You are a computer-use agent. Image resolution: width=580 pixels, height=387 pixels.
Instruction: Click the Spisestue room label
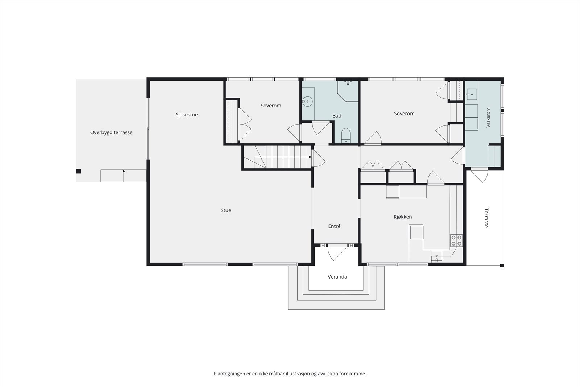186,115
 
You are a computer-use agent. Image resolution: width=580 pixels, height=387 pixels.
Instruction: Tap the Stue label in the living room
226,210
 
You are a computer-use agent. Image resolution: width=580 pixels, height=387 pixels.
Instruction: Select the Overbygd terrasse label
111,132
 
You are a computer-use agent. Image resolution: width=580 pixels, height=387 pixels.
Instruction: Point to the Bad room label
337,116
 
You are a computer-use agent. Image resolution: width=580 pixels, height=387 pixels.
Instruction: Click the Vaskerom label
488,118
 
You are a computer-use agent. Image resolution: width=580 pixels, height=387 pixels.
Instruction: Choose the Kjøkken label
403,217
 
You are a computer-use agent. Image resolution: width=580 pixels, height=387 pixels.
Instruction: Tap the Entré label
334,226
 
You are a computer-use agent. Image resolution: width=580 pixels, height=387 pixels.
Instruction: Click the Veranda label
337,277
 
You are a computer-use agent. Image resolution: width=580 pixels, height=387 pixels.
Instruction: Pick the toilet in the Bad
346,136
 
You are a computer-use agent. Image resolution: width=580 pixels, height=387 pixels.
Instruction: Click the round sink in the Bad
307,101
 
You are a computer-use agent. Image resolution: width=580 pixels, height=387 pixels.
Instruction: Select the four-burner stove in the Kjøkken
456,240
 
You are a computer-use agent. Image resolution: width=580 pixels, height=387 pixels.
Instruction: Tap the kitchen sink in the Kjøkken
436,256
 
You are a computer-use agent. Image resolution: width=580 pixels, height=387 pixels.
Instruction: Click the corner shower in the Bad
348,91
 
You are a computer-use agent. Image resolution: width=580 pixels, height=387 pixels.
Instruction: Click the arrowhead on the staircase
310,157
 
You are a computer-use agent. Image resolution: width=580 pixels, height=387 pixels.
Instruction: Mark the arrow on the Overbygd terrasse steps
124,176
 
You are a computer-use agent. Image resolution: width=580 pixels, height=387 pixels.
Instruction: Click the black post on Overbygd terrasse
78,171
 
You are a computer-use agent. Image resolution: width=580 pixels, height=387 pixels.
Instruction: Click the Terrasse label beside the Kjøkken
486,218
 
